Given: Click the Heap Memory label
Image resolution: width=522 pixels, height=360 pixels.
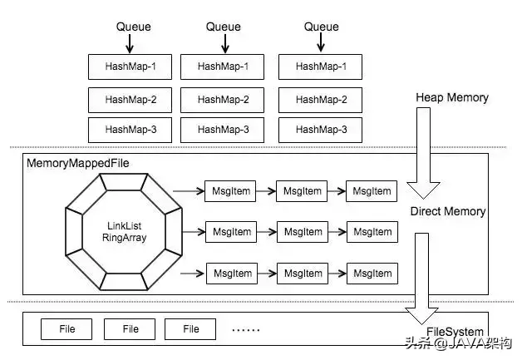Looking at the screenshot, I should [451, 98].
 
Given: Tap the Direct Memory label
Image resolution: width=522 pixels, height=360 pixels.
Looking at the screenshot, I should [448, 211].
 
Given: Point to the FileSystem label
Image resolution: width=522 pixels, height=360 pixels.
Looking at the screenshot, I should [455, 332].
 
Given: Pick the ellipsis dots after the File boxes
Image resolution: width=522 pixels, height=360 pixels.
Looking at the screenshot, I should [245, 329].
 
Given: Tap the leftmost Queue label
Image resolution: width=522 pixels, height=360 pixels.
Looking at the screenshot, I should [134, 27].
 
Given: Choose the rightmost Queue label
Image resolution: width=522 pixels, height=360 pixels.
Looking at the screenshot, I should [321, 27].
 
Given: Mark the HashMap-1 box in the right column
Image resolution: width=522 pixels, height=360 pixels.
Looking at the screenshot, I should [321, 67].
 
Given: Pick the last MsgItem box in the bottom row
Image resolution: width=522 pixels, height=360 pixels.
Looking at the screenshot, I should [372, 272].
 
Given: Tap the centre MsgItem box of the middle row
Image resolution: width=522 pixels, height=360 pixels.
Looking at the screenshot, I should [302, 231].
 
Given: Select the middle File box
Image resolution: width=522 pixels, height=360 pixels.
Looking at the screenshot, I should [130, 329].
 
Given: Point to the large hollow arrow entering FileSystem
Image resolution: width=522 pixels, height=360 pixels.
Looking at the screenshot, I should [421, 283].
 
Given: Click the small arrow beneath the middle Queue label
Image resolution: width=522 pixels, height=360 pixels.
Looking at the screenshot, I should [223, 43].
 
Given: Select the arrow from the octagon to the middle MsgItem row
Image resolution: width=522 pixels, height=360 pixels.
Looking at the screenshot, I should [189, 231].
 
